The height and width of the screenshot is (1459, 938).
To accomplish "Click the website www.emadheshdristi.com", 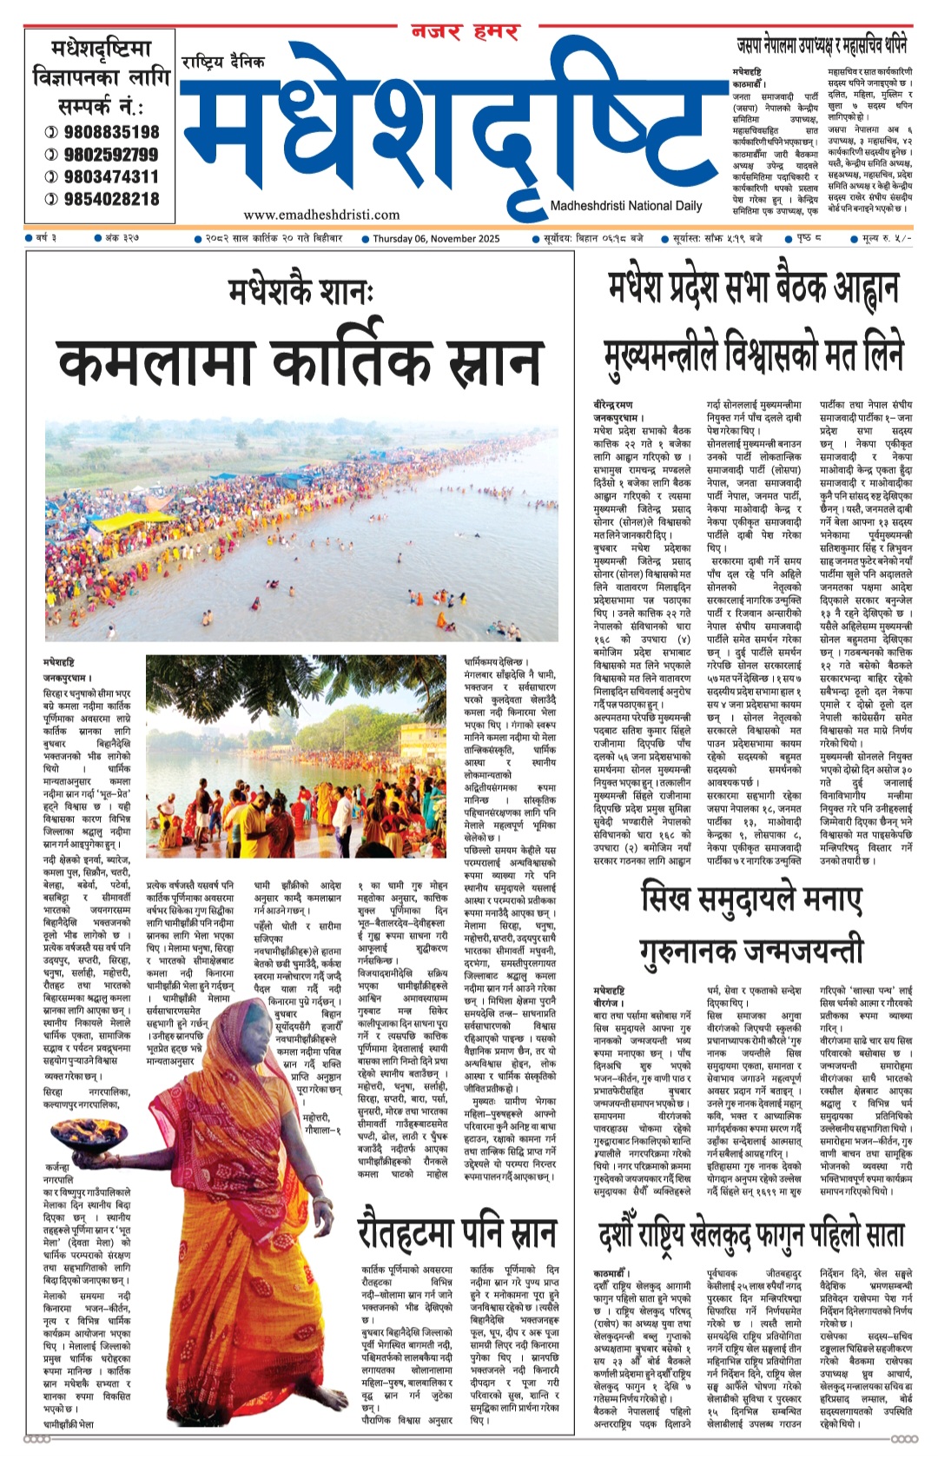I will click(321, 215).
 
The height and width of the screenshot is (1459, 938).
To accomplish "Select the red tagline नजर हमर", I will click(465, 33).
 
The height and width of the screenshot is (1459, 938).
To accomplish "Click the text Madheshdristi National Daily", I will click(625, 206).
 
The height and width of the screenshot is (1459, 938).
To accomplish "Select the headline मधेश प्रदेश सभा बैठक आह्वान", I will click(754, 288).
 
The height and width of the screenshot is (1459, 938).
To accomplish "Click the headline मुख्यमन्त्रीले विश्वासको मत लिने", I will click(754, 355).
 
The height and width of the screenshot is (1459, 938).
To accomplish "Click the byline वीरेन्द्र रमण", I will click(613, 405).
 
